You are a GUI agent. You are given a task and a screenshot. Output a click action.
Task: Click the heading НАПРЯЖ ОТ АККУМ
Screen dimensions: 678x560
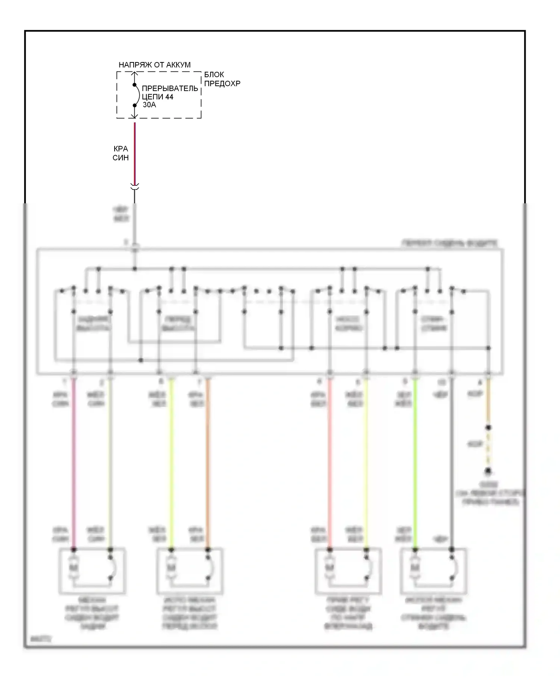tap(155, 65)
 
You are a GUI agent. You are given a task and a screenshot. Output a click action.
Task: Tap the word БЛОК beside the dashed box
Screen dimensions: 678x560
tap(214, 75)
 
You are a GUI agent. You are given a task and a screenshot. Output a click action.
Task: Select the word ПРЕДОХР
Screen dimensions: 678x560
tap(222, 83)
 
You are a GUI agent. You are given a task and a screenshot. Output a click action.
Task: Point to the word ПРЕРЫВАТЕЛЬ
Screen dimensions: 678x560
tap(170, 89)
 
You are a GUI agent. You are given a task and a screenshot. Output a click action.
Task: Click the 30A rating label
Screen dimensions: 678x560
tap(149, 105)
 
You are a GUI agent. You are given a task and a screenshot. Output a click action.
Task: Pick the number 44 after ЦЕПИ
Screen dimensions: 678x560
tap(169, 97)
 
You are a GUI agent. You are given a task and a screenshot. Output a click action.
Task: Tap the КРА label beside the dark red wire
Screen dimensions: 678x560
tap(121, 149)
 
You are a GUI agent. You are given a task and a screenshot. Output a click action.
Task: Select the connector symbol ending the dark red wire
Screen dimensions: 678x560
tap(135, 187)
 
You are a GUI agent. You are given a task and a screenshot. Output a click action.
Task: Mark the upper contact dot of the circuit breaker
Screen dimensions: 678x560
tap(135, 85)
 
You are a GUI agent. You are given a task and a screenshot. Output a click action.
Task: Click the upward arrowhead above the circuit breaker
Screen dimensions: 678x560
tap(135, 73)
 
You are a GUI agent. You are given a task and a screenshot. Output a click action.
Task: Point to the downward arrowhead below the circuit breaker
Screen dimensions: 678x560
tap(135, 115)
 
